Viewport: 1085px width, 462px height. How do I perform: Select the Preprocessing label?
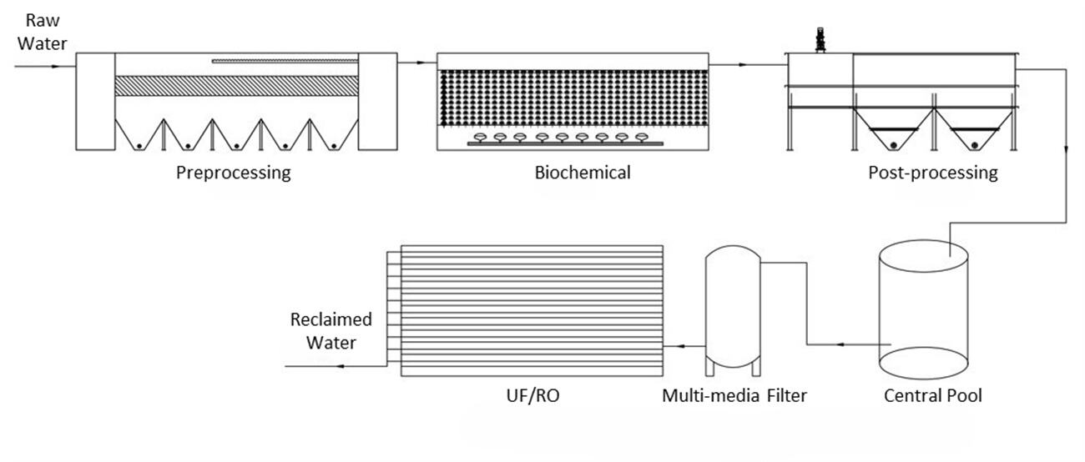point(233,173)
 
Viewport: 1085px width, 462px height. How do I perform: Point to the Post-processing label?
point(932,173)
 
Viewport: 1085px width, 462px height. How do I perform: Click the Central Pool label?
point(932,395)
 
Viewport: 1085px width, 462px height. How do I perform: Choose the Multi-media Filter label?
point(734,395)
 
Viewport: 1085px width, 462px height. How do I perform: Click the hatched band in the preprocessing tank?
point(236,85)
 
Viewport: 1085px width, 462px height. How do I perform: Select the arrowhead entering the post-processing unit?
point(781,63)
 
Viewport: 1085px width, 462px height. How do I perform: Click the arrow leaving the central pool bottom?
point(842,344)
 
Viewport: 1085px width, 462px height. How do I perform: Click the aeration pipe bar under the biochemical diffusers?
point(566,143)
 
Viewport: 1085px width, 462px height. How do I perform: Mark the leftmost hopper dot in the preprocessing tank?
point(139,146)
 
